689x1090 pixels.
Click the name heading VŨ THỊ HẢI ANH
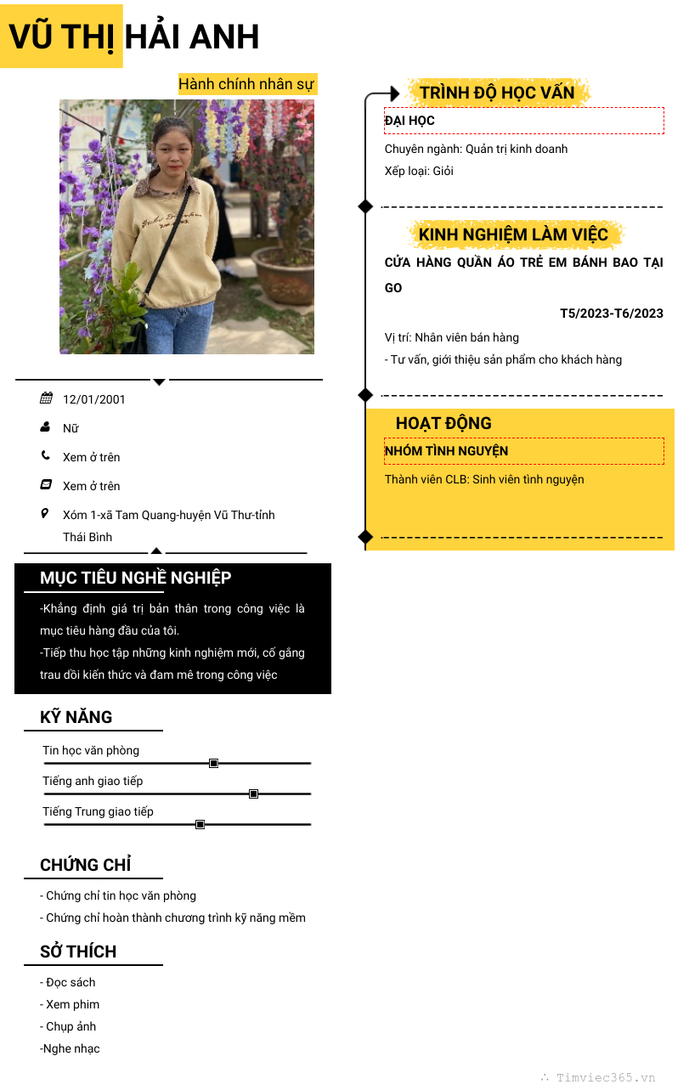134,37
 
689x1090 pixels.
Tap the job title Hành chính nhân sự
246,84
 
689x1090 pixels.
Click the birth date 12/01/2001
93,399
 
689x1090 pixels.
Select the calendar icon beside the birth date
46,398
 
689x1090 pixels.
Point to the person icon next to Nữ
46,427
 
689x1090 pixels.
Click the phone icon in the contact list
46,456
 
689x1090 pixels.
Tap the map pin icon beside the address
46,514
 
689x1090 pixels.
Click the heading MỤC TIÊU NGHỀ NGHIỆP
135,578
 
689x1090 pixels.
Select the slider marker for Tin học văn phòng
213,764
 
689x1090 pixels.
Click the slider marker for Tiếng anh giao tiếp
253,794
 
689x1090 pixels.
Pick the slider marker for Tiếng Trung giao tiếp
200,825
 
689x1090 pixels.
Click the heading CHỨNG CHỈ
85,865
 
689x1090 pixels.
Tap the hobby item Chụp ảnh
71,1026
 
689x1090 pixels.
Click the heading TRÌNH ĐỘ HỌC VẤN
497,93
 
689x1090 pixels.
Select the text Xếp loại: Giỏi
419,171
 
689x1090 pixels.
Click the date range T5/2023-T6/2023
611,313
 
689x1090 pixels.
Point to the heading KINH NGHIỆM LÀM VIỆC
513,234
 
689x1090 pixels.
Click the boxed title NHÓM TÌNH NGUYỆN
446,450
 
